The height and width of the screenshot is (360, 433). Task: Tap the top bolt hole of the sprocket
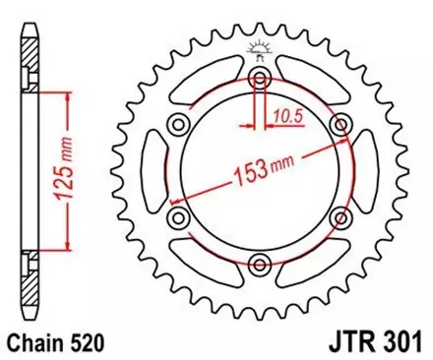pyautogui.click(x=260, y=77)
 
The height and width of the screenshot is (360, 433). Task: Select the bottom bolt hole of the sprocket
pyautogui.click(x=260, y=263)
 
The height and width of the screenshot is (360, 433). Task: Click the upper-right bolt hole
pyautogui.click(x=340, y=123)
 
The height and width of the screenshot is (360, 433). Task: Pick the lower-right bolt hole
pyautogui.click(x=340, y=216)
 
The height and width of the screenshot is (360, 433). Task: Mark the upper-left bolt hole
pyautogui.click(x=179, y=123)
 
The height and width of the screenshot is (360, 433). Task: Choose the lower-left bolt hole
pyautogui.click(x=179, y=216)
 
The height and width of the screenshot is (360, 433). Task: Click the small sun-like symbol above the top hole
pyautogui.click(x=260, y=50)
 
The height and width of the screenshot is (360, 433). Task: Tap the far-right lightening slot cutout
pyautogui.click(x=371, y=169)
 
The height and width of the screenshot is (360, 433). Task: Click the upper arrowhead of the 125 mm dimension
pyautogui.click(x=67, y=97)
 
